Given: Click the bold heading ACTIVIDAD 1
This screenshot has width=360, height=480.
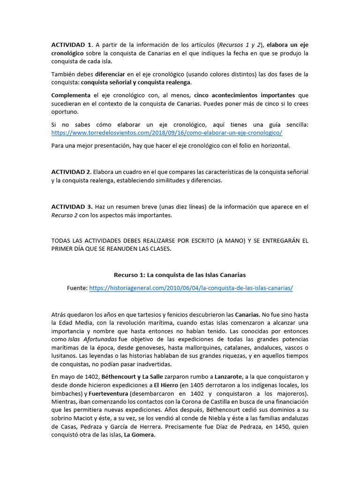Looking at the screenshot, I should coord(71,45).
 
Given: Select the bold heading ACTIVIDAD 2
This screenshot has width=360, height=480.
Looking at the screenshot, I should coord(71,172).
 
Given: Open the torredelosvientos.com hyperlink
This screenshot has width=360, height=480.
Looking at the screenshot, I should coord(166,133).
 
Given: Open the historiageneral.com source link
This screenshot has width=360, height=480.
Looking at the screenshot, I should coord(191,288).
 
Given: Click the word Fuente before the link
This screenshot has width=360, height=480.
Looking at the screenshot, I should coord(77,288).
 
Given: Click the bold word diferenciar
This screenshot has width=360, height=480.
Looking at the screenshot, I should coord(110,74).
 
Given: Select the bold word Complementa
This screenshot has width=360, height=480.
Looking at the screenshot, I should coord(70,95).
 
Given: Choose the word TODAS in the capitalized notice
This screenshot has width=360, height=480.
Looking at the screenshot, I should coord(62,240).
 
